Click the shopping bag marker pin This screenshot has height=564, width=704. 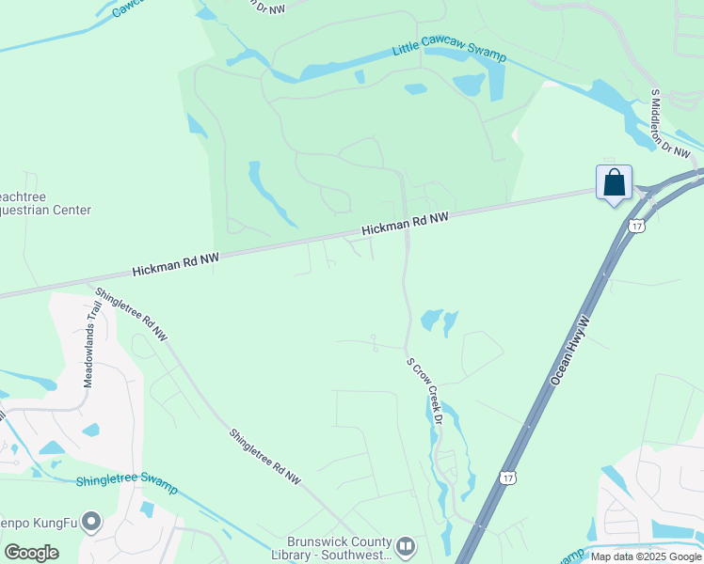point(614,182)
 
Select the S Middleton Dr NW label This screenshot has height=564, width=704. point(670,123)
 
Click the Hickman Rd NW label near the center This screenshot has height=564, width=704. point(407,223)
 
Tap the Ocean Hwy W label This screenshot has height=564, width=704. point(569,349)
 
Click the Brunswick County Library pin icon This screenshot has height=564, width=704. point(406,545)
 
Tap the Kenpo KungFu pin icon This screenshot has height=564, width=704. point(91,520)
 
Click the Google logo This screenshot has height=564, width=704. point(31,552)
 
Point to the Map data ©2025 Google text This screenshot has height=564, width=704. point(646,556)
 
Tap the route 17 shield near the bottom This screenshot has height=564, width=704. point(508,478)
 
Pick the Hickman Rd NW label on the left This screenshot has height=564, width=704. point(175,262)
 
